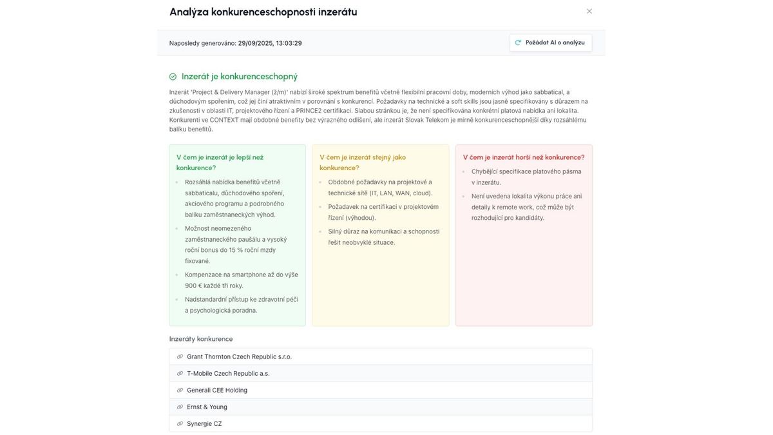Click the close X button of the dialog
click(589, 11)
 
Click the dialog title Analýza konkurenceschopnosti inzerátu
click(263, 12)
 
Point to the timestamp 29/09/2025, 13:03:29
click(270, 43)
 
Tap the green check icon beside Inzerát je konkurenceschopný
click(173, 77)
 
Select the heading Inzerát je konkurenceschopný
click(239, 77)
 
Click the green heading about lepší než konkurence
click(220, 162)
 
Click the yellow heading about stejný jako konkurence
click(363, 162)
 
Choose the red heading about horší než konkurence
click(523, 157)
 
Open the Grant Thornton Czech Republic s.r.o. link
click(239, 356)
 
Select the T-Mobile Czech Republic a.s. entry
click(228, 373)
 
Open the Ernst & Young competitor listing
click(207, 407)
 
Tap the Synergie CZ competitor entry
click(204, 423)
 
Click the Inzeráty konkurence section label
click(201, 339)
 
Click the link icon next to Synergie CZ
click(180, 423)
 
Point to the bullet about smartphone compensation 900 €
click(241, 280)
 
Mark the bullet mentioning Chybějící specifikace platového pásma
click(526, 177)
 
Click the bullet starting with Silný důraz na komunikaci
click(383, 237)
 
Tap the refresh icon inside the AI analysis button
click(518, 43)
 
